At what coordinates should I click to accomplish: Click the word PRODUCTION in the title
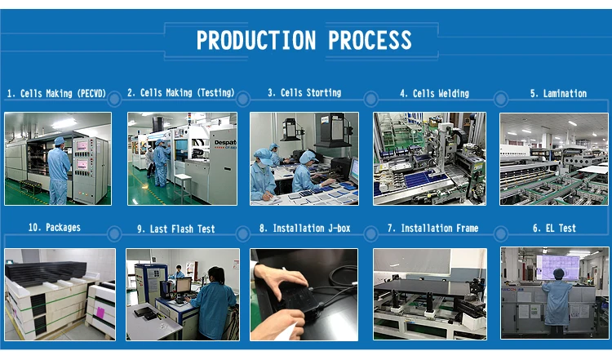[x=255, y=40]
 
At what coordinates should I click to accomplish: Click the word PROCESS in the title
[x=370, y=40]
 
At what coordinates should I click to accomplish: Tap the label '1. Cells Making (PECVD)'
[x=56, y=94]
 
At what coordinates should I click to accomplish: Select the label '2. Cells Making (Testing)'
[x=180, y=93]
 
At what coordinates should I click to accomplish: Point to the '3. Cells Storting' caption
[x=304, y=93]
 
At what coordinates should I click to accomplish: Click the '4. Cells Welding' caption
[x=434, y=94]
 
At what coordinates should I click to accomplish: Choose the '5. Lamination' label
[x=558, y=94]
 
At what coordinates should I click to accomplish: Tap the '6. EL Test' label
[x=554, y=228]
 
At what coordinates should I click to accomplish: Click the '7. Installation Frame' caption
[x=432, y=228]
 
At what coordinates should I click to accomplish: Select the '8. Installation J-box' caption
[x=305, y=228]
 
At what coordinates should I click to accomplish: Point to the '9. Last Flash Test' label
[x=176, y=229]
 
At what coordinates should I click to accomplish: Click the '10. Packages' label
[x=54, y=227]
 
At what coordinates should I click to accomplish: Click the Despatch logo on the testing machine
[x=225, y=144]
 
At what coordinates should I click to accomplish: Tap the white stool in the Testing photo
[x=182, y=188]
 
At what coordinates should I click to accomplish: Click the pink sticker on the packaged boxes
[x=100, y=313]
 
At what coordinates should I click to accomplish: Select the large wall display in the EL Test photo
[x=558, y=267]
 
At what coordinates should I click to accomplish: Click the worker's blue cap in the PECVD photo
[x=60, y=140]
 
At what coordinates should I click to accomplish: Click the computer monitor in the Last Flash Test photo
[x=184, y=285]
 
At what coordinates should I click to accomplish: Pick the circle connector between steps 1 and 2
[x=114, y=99]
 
